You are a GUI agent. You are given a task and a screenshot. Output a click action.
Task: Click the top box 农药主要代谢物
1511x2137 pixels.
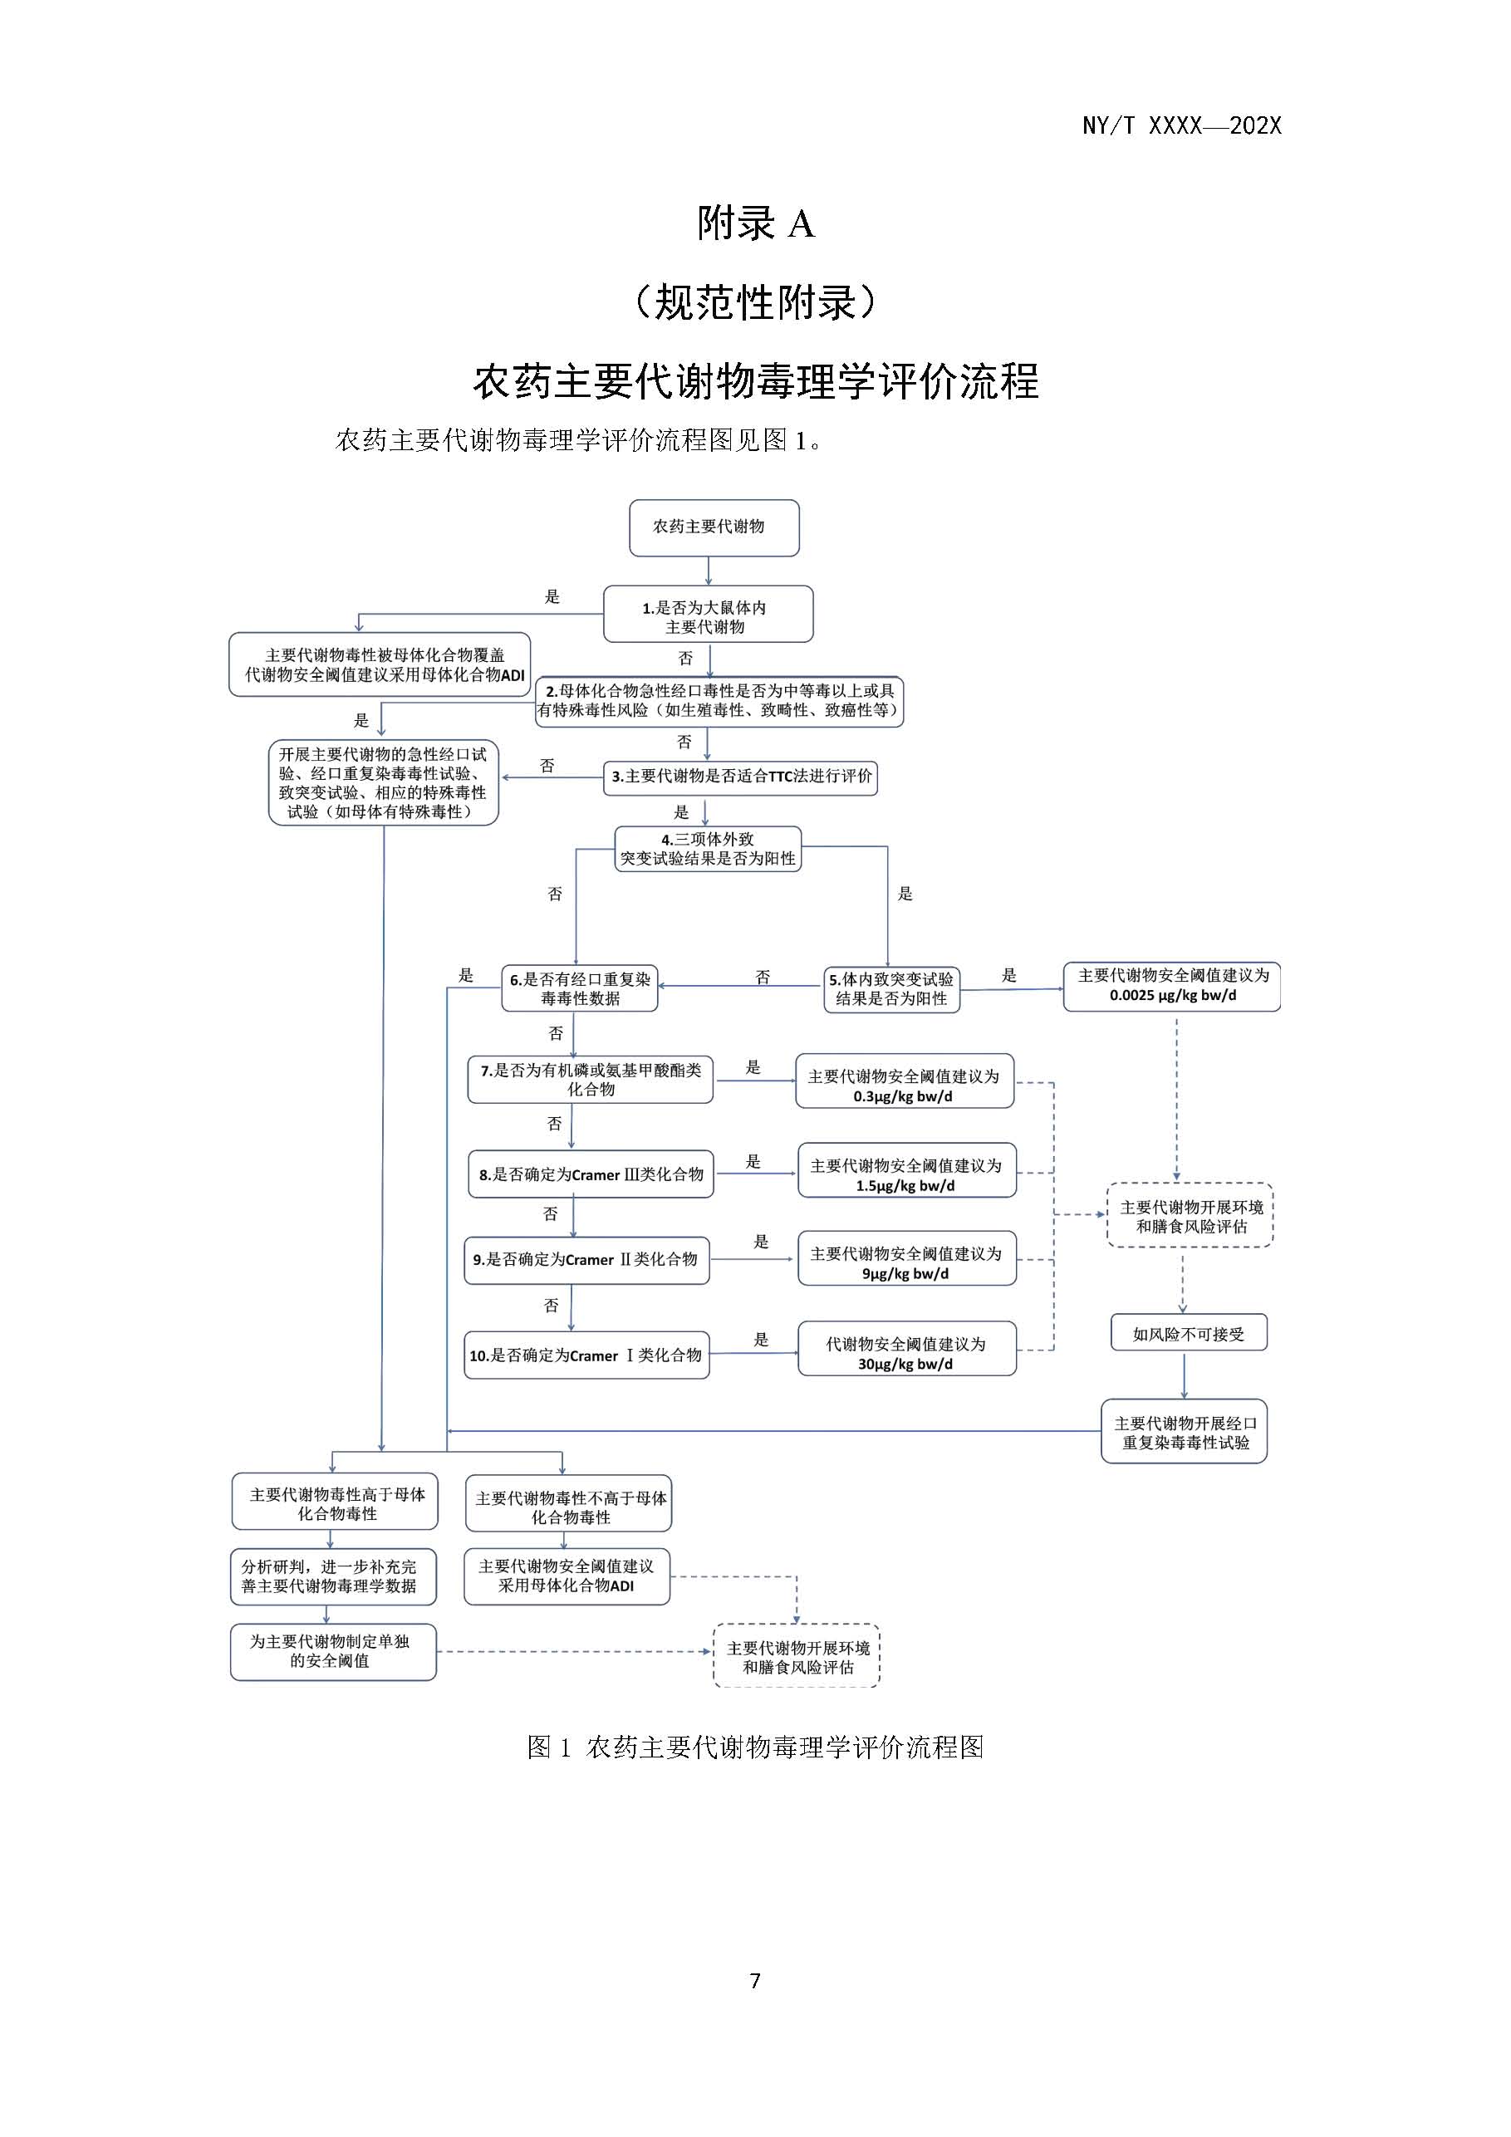[x=714, y=527]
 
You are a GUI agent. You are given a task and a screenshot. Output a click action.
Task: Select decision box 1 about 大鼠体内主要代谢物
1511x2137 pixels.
[x=708, y=615]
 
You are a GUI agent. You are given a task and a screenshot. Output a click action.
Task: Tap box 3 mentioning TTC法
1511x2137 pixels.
[x=740, y=777]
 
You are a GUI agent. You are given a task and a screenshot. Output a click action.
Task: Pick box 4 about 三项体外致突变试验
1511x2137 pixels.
[x=708, y=849]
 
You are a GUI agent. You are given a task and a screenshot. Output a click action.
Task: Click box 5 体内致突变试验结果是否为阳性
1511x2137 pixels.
[x=891, y=988]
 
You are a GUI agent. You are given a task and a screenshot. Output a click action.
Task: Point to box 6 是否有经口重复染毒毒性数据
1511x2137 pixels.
[x=579, y=988]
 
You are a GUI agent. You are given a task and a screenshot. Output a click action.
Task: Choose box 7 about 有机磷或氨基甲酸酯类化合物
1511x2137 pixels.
[x=591, y=1080]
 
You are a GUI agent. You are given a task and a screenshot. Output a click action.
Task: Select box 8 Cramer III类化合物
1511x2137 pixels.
[x=591, y=1174]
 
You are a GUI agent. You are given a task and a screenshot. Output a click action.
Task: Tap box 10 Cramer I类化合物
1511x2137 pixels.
[x=586, y=1355]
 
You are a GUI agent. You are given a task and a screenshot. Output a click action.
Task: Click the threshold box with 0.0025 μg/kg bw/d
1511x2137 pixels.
[x=1172, y=986]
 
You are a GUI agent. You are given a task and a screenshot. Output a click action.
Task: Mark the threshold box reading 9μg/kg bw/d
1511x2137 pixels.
[x=907, y=1263]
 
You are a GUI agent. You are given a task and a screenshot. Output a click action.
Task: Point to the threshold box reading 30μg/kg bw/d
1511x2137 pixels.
[x=907, y=1353]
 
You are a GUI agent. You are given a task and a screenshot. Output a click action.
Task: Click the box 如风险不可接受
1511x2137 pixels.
[x=1188, y=1334]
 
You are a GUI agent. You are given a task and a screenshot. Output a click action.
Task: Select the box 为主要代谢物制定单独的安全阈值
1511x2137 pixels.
[x=332, y=1651]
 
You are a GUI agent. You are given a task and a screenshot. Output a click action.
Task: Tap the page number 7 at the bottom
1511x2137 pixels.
[x=755, y=1981]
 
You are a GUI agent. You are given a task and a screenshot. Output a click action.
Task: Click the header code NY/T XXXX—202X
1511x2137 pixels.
[x=1181, y=126]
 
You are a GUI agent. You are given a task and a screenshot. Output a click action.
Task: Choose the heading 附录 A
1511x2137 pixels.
[x=755, y=224]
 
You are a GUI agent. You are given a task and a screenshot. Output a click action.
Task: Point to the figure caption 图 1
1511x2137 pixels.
[x=755, y=1747]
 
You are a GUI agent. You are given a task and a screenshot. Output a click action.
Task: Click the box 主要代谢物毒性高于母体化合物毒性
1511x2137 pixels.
[x=335, y=1503]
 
